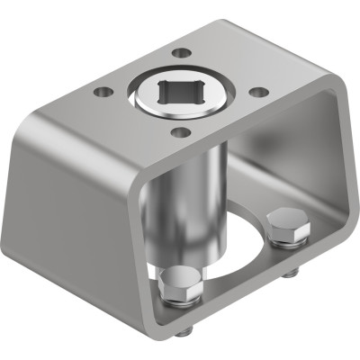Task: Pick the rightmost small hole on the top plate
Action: (x=259, y=92)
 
